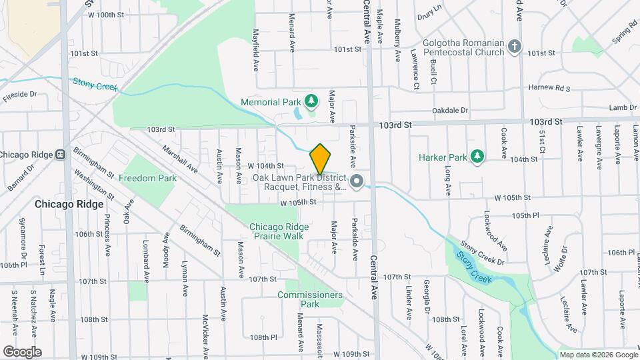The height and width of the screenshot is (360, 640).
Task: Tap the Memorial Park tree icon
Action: (311, 101)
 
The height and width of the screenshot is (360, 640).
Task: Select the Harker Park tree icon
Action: (476, 157)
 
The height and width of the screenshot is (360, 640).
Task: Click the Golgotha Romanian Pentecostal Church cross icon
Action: (514, 47)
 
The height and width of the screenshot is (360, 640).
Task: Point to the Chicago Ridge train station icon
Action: (61, 155)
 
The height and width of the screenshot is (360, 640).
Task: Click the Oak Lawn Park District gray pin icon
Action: (357, 181)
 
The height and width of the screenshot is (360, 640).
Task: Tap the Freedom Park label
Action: (147, 178)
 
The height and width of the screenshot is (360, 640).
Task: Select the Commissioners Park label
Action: (310, 299)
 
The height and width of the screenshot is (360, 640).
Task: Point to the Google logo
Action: (22, 351)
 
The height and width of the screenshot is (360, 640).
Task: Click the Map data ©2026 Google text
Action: (598, 355)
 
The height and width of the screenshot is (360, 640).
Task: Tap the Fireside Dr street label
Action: (19, 95)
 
